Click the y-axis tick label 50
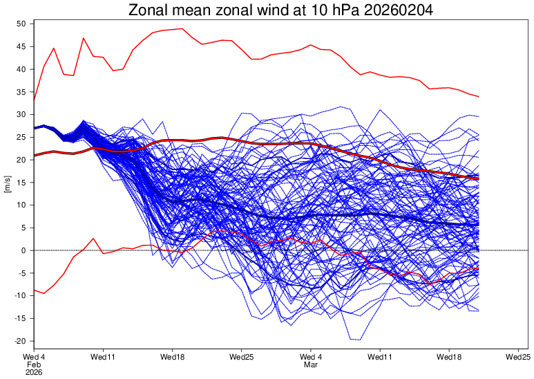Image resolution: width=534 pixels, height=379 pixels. point(21,24)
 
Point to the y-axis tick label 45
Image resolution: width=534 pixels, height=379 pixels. point(21,46)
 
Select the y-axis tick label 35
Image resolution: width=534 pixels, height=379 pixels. point(21,92)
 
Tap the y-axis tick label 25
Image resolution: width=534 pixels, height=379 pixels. point(21,137)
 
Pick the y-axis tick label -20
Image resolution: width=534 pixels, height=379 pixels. point(19,341)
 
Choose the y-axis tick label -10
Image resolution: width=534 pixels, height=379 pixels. point(19,295)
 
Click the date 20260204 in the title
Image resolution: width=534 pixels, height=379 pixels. point(388,10)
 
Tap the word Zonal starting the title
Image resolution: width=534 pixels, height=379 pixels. point(151,10)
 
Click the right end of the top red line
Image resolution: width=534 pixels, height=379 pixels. point(479,97)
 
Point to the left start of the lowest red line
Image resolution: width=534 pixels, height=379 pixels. point(34,290)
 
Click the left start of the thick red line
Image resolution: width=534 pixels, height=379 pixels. point(34,155)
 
